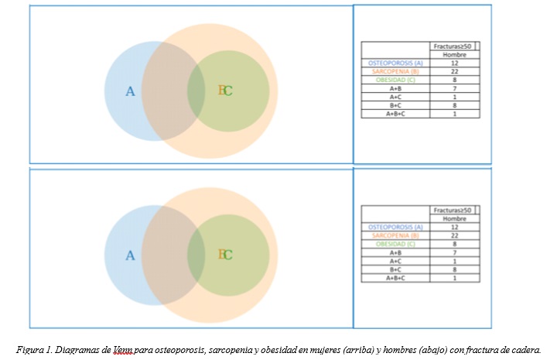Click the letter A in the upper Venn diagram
coord(130,91)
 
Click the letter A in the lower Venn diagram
coord(130,255)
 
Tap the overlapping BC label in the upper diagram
coord(225,91)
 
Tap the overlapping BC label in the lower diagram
coord(225,254)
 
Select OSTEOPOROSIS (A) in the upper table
coord(396,63)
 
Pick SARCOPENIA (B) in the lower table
coord(396,235)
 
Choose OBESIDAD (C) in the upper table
coord(396,80)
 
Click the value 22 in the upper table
coord(455,71)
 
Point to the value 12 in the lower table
coord(455,227)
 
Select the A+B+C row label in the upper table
coord(396,114)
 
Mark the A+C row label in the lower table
coord(396,261)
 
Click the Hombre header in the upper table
coord(455,54)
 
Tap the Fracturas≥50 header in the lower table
coord(455,210)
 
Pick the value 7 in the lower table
coord(455,252)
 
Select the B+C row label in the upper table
coord(396,105)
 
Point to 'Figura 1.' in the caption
coord(33,348)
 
